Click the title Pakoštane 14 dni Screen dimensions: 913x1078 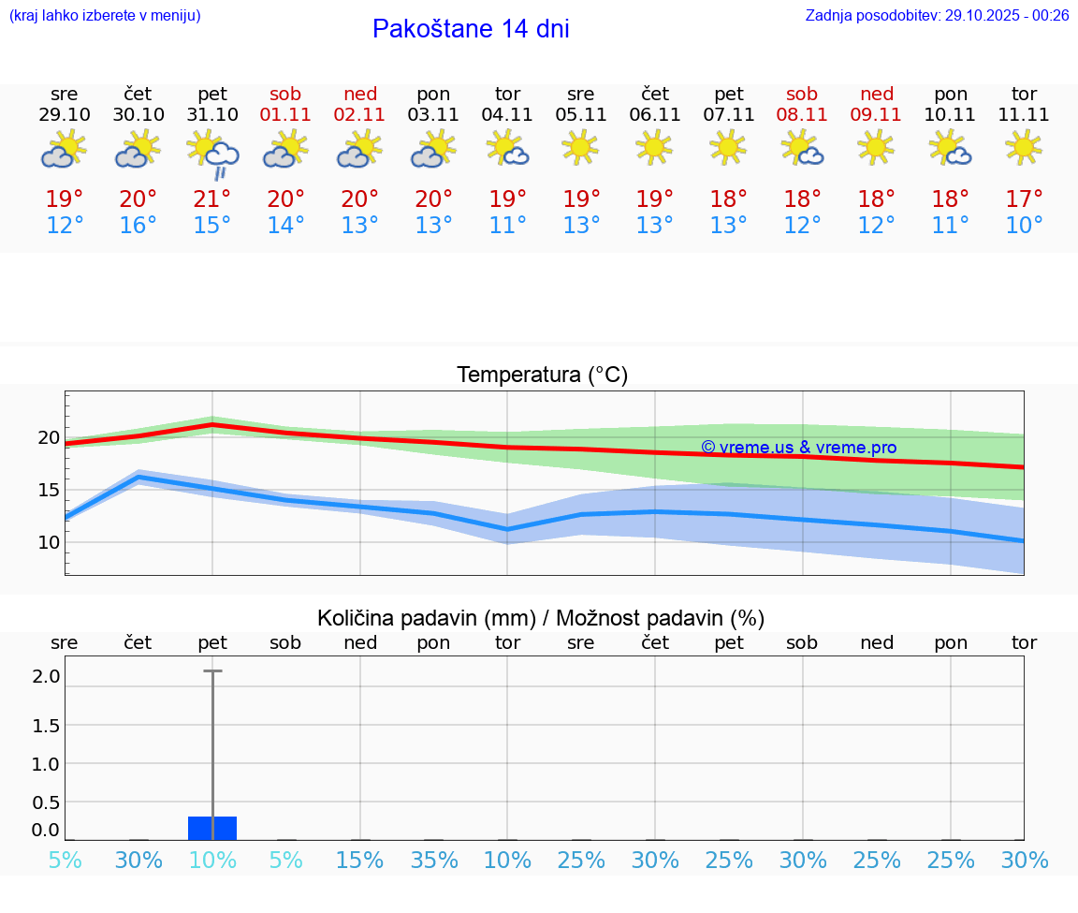tap(471, 29)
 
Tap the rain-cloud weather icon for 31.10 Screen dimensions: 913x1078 tap(213, 154)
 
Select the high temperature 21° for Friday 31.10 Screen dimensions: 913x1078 tap(212, 199)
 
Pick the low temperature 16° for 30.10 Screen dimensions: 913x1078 tap(138, 226)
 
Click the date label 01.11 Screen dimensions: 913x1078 tap(286, 115)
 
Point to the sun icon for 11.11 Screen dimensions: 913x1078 tap(1024, 147)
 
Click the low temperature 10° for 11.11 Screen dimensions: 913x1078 tap(1024, 226)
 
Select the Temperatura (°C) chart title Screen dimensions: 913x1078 tap(542, 376)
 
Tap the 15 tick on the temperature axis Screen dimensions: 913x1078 tap(49, 490)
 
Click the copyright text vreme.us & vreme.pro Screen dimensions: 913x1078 tap(798, 448)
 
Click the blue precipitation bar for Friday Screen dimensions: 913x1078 tap(212, 829)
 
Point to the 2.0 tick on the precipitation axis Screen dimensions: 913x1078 tap(46, 676)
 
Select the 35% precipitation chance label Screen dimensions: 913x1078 tap(434, 860)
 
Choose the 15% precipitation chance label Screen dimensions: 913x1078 tap(360, 860)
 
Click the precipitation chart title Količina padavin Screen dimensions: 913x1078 tap(541, 618)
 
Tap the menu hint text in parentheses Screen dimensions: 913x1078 tap(105, 16)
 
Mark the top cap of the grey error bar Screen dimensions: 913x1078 tap(212, 671)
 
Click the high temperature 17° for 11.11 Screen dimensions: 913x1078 tap(1024, 199)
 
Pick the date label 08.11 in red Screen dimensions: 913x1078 tap(803, 115)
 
